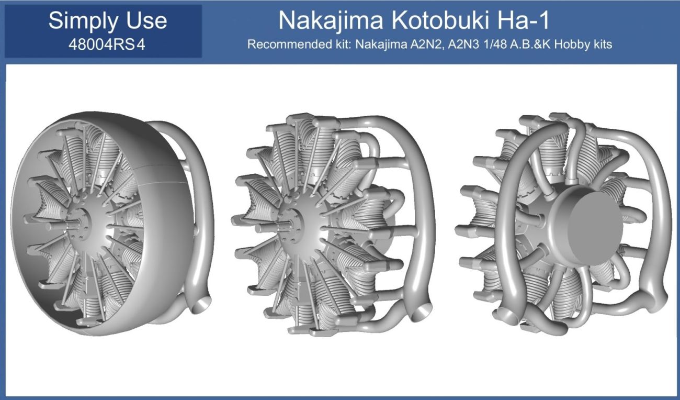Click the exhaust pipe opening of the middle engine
point(423,314)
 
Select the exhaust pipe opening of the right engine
point(504,317)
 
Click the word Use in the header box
point(146,21)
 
